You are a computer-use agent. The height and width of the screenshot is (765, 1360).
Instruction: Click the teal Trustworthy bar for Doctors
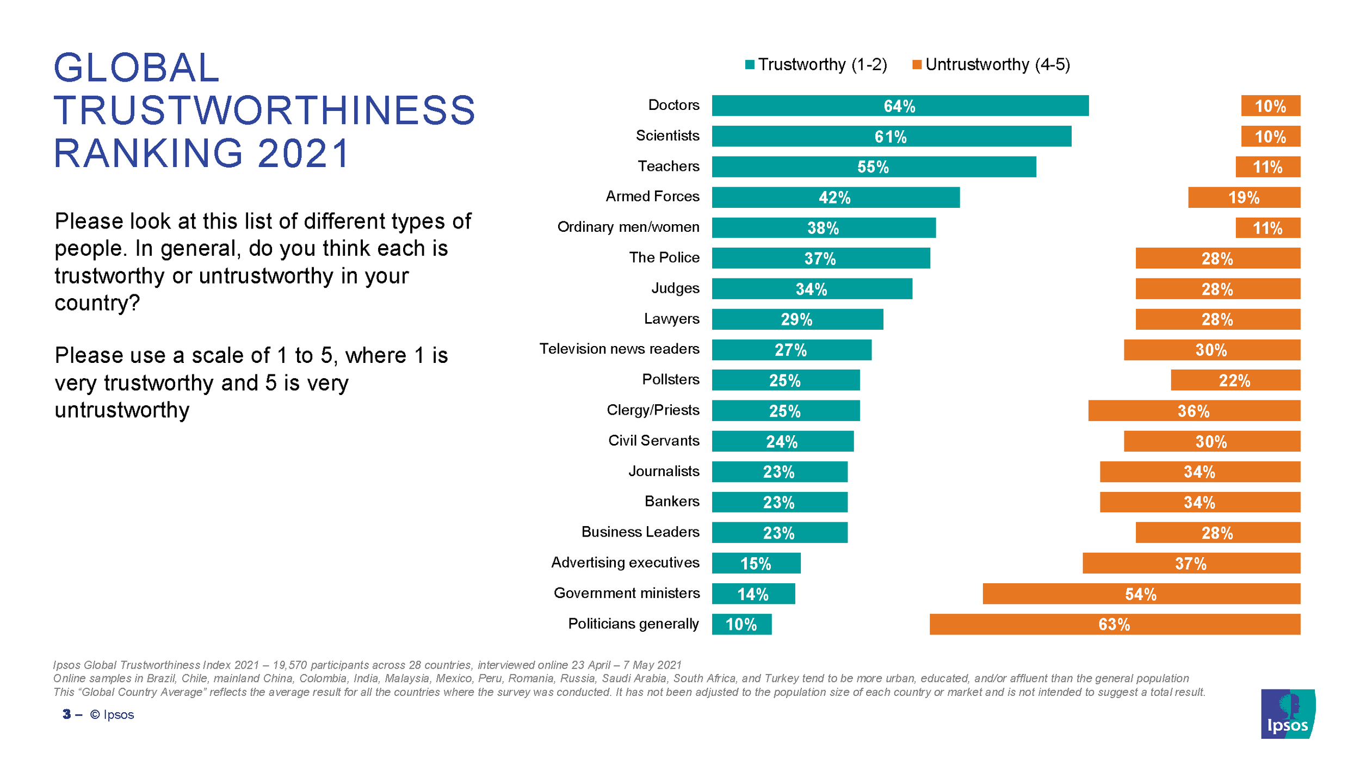click(x=900, y=106)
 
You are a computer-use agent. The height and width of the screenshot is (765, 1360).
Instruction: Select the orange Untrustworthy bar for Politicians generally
click(x=1115, y=624)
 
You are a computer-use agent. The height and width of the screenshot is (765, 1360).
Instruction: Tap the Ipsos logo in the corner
click(x=1288, y=714)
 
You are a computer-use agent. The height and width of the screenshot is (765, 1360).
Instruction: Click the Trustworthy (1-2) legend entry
click(x=816, y=65)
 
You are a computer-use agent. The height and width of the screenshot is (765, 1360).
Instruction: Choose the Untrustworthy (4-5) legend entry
click(x=991, y=65)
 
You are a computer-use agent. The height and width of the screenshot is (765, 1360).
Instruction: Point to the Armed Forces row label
click(x=652, y=196)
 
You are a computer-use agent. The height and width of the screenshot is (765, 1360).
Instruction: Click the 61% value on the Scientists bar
click(x=891, y=137)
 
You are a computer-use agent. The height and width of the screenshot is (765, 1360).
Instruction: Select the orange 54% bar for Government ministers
click(x=1141, y=594)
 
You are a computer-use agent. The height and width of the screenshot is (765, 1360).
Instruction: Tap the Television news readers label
click(x=619, y=349)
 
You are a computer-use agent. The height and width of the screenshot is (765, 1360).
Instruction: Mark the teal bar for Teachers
click(x=874, y=166)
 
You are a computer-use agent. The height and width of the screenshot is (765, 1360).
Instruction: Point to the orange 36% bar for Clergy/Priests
click(x=1194, y=411)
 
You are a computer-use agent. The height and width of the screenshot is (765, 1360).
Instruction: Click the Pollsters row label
click(x=670, y=379)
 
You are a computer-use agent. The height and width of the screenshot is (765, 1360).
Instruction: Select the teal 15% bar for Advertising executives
click(x=756, y=563)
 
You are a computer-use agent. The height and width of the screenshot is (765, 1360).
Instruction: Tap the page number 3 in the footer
click(x=66, y=714)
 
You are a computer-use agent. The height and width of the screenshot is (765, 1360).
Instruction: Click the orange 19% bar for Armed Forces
click(x=1244, y=198)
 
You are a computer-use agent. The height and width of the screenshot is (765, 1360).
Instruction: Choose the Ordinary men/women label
click(x=628, y=227)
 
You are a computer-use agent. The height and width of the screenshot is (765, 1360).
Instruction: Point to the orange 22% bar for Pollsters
click(x=1235, y=380)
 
